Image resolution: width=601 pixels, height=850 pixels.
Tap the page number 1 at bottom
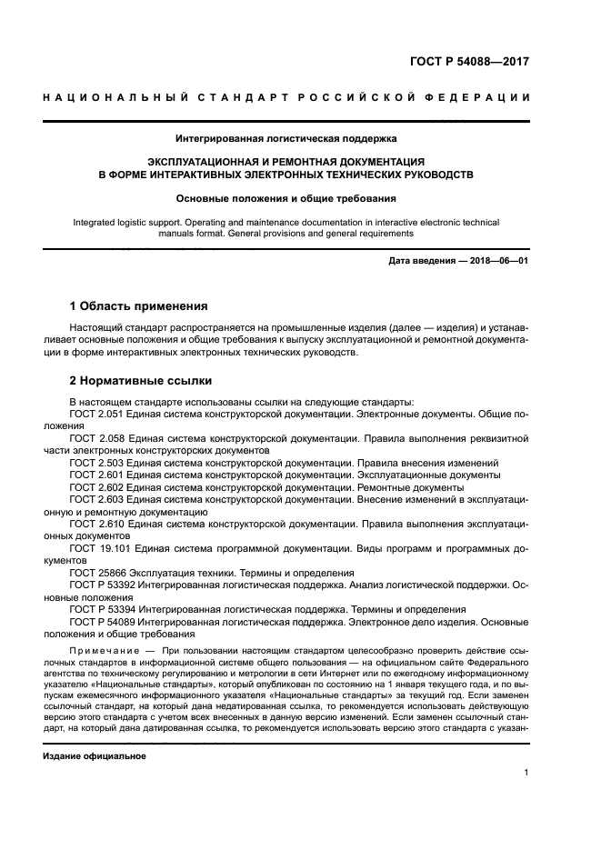pyautogui.click(x=526, y=773)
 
